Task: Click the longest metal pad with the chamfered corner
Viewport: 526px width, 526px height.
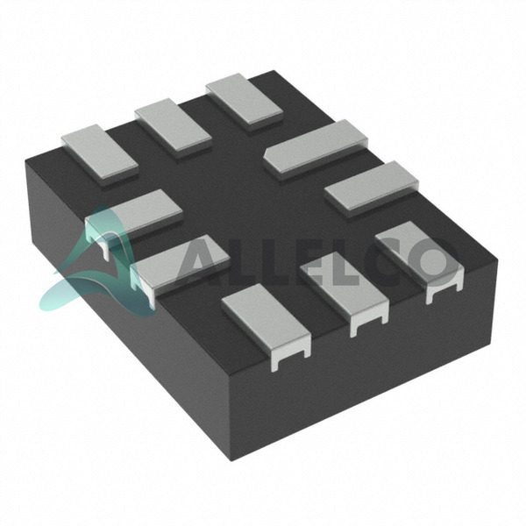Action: click(316, 148)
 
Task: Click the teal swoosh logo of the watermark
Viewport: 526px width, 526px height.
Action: click(97, 265)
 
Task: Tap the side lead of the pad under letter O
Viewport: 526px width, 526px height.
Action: click(444, 291)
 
